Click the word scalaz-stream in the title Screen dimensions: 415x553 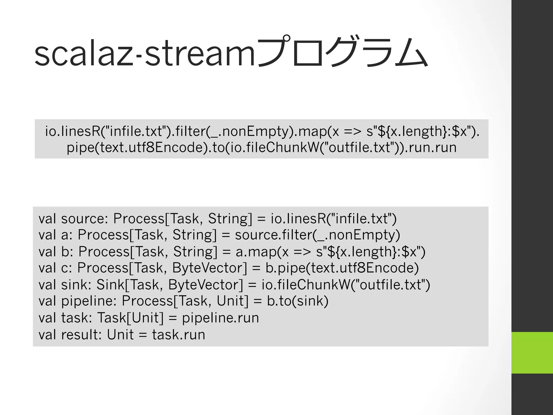point(144,54)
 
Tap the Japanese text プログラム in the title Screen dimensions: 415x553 point(342,53)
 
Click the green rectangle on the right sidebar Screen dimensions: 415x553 point(532,353)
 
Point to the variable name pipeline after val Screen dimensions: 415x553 point(89,301)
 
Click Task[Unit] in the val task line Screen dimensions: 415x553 point(130,318)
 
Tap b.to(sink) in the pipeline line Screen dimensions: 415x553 point(298,301)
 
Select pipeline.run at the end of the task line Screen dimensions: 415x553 point(220,318)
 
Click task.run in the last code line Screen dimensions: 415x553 point(178,334)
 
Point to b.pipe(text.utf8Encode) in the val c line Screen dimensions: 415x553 point(342,268)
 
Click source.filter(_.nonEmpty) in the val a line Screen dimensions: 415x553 point(317,235)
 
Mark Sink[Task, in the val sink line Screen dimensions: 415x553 point(130,285)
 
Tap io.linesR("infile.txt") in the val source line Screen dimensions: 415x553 point(334,219)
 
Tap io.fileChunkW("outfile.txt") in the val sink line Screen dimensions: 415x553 point(346,285)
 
